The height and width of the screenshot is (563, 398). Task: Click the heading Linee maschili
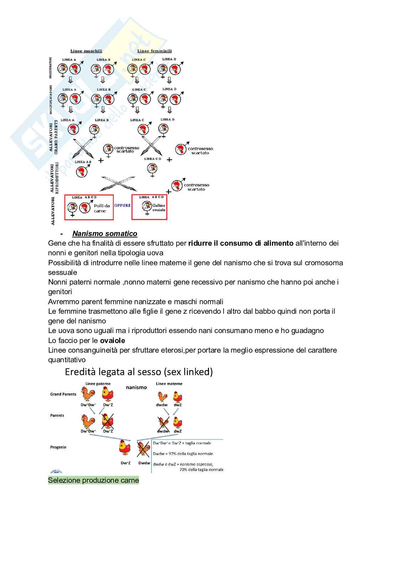86,51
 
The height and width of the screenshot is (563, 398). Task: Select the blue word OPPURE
122,206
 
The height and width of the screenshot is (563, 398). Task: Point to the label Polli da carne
102,208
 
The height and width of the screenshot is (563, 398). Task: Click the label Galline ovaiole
159,208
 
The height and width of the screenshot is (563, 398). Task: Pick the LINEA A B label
83,162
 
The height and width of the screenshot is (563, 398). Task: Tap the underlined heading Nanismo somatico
105,234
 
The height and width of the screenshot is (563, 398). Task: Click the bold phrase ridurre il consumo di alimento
241,244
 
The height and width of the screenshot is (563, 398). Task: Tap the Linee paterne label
98,384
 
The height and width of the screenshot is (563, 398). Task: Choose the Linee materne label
169,384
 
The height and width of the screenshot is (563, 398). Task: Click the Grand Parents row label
63,394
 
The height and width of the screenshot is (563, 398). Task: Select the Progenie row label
58,447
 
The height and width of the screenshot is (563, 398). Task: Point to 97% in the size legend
173,454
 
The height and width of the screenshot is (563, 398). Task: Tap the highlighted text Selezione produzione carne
93,480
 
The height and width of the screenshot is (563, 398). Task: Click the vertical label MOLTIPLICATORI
51,99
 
